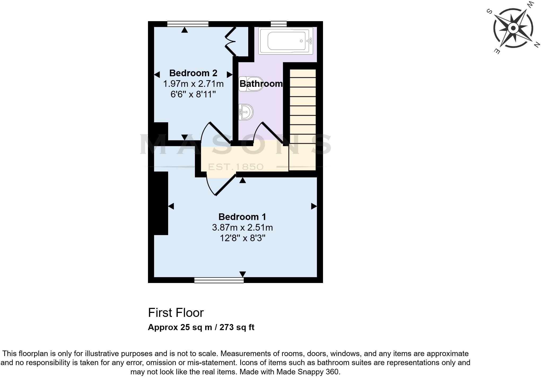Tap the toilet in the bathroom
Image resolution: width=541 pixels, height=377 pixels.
[251, 84]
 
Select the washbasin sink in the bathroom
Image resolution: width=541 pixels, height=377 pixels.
[246, 112]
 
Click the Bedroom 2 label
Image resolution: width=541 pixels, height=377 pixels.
[193, 73]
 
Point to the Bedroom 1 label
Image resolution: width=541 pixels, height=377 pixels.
[242, 217]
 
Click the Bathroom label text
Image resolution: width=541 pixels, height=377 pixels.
[261, 84]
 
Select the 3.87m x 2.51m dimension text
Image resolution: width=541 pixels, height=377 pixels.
[242, 227]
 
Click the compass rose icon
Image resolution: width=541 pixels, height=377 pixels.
[513, 28]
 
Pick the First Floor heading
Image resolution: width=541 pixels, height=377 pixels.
[176, 313]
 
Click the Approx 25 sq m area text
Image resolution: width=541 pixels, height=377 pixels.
[201, 327]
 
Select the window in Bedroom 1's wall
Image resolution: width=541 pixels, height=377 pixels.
[219, 280]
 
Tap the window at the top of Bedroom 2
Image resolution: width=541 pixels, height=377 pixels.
[188, 24]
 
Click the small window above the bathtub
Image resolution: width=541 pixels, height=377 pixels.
[278, 24]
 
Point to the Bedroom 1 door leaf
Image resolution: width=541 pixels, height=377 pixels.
[226, 185]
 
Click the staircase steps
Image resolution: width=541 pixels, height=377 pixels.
[303, 106]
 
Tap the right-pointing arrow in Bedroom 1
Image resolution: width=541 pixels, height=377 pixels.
[314, 206]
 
